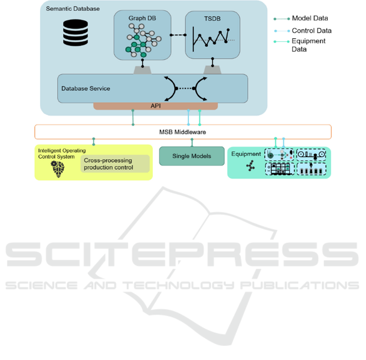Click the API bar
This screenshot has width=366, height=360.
click(x=156, y=106)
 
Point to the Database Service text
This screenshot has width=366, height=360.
click(x=86, y=88)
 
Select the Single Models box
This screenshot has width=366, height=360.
click(x=192, y=156)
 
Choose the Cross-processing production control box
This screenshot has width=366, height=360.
click(x=115, y=164)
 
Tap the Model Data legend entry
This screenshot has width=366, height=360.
click(x=310, y=18)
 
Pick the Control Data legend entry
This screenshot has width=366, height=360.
click(x=311, y=30)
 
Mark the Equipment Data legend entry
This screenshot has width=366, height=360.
click(x=309, y=45)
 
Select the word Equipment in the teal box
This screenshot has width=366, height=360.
click(x=246, y=154)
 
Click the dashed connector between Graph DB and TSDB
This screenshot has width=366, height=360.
click(x=177, y=35)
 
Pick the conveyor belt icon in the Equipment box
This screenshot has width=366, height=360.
click(x=311, y=155)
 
